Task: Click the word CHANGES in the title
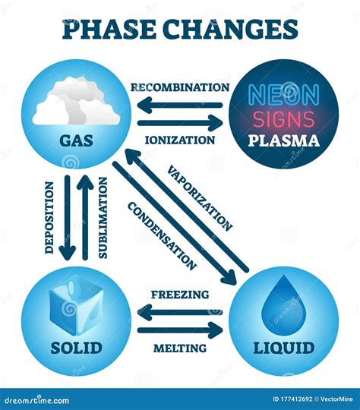(x=232, y=29)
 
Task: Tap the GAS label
(x=76, y=140)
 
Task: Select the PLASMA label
(x=283, y=141)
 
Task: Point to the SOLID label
(x=76, y=348)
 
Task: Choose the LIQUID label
(x=283, y=348)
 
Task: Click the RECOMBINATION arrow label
(x=180, y=87)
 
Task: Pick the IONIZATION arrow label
(x=178, y=140)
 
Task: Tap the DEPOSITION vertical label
(x=49, y=217)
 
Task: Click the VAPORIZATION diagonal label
(x=200, y=197)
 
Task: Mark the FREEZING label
(x=180, y=295)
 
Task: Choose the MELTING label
(x=179, y=348)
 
